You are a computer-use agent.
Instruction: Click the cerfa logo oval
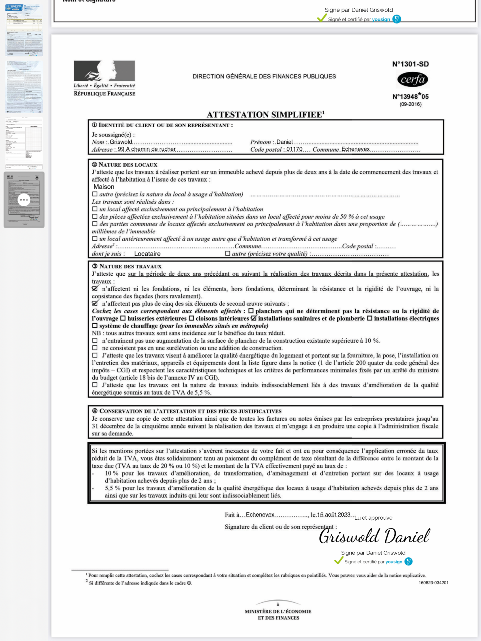(x=412, y=79)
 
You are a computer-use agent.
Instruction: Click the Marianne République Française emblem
(x=104, y=71)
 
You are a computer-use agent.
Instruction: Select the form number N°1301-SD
(x=410, y=64)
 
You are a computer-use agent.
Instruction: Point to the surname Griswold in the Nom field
(x=121, y=142)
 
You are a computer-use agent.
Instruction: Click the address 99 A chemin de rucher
(x=146, y=149)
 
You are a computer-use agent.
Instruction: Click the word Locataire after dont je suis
(x=147, y=254)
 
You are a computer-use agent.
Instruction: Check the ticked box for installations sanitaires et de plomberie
(x=254, y=318)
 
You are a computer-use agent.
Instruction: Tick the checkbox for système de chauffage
(x=95, y=326)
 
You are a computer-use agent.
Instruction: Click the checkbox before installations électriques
(x=369, y=318)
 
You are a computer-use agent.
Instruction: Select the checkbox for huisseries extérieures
(x=123, y=318)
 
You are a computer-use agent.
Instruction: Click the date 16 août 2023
(x=334, y=515)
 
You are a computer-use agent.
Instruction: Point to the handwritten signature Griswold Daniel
(x=374, y=536)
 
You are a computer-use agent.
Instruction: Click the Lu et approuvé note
(x=373, y=518)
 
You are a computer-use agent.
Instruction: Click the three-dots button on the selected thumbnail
(x=24, y=200)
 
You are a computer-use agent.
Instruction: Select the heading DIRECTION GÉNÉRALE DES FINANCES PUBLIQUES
(x=264, y=76)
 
